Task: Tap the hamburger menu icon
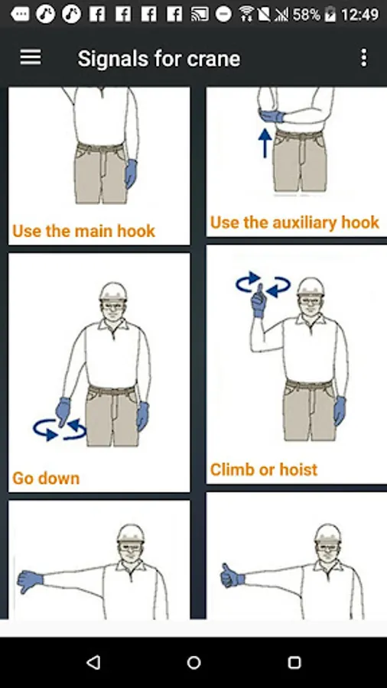click(31, 57)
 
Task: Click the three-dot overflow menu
click(364, 57)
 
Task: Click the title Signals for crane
click(159, 58)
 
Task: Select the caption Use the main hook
click(84, 231)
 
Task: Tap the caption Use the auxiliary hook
click(294, 222)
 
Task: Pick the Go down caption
click(46, 478)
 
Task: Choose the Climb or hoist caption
click(264, 469)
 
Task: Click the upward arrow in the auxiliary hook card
click(265, 143)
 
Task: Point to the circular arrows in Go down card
click(59, 429)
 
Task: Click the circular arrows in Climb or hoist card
click(263, 284)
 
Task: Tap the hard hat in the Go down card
click(112, 291)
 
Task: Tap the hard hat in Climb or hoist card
click(311, 287)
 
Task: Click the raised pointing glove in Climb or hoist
click(258, 301)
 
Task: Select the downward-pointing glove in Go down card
click(63, 411)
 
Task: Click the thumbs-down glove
click(30, 580)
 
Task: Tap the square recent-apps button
click(294, 663)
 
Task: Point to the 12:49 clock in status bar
click(359, 15)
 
